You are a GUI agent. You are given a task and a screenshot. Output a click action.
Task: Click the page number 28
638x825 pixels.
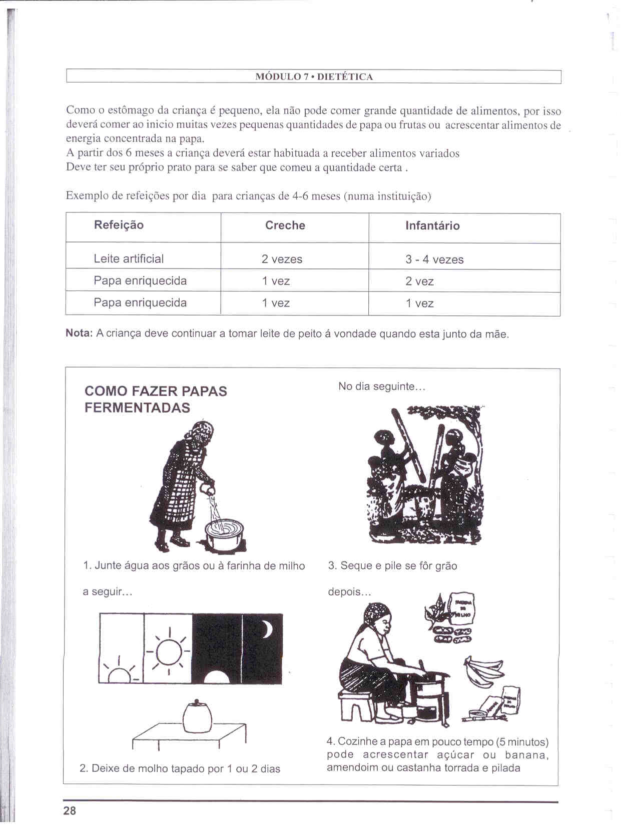click(x=70, y=810)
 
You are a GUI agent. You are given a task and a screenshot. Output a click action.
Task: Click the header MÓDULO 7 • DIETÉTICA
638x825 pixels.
click(x=314, y=77)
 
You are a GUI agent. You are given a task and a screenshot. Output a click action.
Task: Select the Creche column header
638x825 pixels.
click(x=285, y=225)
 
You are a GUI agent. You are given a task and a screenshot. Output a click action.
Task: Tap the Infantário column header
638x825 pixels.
click(x=432, y=225)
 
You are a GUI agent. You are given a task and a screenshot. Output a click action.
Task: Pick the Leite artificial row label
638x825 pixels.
click(x=129, y=258)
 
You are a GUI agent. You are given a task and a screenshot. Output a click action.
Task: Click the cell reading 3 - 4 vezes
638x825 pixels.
click(x=434, y=259)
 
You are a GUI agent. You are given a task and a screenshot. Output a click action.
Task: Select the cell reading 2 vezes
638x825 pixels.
click(x=282, y=259)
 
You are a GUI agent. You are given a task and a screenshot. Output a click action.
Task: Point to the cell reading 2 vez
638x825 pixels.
click(x=419, y=281)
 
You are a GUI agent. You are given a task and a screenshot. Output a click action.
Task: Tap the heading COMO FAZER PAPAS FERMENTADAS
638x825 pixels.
click(x=156, y=399)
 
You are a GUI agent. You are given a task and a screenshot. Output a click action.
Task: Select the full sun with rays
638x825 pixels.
click(x=169, y=650)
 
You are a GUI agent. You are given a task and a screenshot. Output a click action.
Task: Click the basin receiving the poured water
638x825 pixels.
click(x=225, y=534)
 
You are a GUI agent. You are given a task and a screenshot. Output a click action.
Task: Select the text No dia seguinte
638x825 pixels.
click(x=381, y=386)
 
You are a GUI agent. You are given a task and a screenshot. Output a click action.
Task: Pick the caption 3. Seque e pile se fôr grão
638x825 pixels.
click(x=392, y=565)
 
